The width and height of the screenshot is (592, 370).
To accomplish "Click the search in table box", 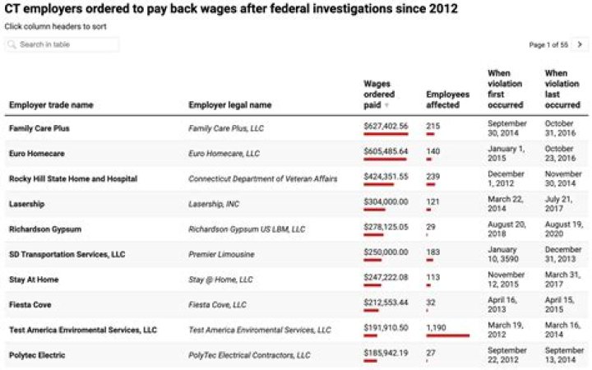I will [x=62, y=44].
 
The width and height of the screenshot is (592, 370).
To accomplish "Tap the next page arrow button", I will [x=580, y=44].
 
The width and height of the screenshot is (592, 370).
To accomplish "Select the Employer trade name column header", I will [x=51, y=105].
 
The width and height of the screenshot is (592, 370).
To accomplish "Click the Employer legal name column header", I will [x=230, y=105].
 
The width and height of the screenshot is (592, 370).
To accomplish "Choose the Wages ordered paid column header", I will [x=379, y=95].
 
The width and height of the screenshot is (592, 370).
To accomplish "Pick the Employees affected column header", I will [x=447, y=99].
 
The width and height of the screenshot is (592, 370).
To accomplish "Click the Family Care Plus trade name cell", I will [x=39, y=129].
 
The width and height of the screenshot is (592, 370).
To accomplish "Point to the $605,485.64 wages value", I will [x=386, y=152].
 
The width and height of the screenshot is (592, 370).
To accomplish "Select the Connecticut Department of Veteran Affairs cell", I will [x=257, y=178].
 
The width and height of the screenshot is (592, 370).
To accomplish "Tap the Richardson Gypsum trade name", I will [x=46, y=229].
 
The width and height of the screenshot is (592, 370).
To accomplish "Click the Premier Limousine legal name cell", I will [x=221, y=255].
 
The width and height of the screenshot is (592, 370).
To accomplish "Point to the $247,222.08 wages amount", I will [x=386, y=279].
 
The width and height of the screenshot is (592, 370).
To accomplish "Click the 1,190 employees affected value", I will [x=437, y=328].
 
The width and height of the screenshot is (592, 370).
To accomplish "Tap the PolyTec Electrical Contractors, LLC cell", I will [x=249, y=355].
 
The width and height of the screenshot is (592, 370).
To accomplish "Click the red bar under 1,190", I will [x=447, y=335].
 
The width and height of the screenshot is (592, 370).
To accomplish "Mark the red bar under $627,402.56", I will [x=386, y=134].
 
